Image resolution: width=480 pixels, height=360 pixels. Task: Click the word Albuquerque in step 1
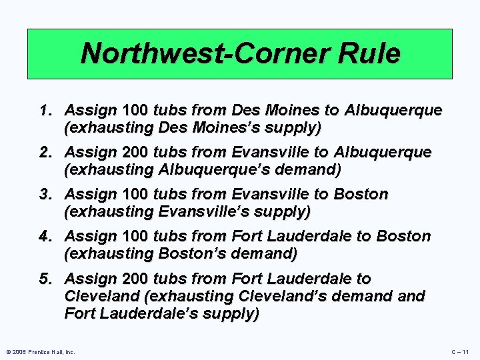click(397, 109)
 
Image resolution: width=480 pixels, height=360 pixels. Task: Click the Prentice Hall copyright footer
click(40, 351)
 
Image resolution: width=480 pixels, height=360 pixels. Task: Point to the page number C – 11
click(460, 351)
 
